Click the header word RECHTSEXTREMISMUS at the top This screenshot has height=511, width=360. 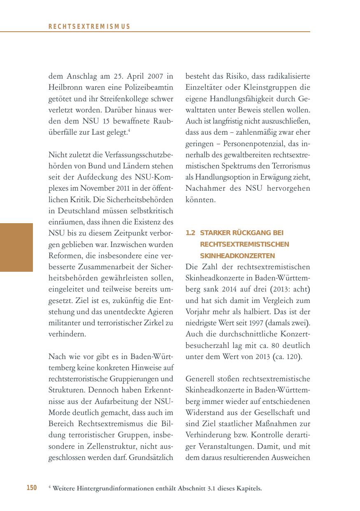[x=89, y=27]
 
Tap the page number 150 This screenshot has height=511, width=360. [x=32, y=488]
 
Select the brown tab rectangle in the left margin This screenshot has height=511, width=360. [x=16, y=247]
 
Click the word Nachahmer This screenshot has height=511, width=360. [x=204, y=189]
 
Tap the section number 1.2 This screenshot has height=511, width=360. [x=190, y=233]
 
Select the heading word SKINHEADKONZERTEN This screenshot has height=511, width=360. [x=238, y=256]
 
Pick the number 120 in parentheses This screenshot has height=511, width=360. [x=293, y=357]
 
